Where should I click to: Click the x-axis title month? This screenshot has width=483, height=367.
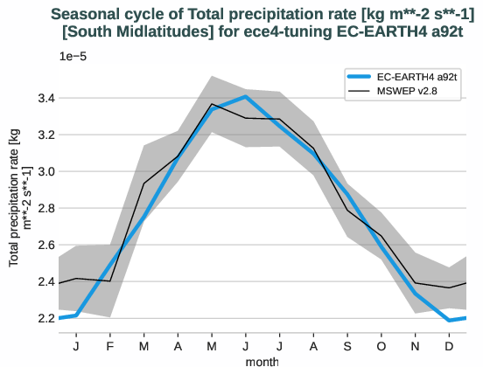point(262,360)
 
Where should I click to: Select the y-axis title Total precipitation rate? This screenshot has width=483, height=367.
point(19,197)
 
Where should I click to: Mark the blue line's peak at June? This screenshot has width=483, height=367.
point(247,96)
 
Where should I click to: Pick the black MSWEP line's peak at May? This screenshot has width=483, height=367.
point(213,104)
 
